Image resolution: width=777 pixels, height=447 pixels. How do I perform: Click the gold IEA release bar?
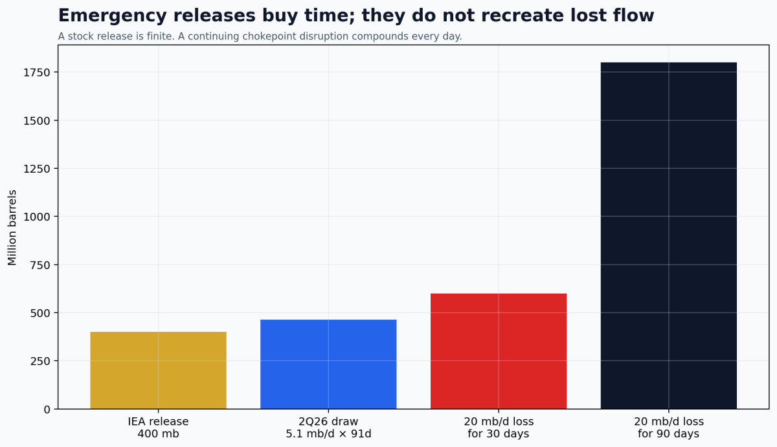click(x=158, y=371)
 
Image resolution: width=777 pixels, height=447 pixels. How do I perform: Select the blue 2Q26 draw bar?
click(x=328, y=364)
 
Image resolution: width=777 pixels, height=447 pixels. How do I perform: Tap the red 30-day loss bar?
click(x=499, y=351)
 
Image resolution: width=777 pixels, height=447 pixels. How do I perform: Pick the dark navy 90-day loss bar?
click(x=669, y=235)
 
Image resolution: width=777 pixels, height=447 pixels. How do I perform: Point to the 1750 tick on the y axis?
click(x=37, y=72)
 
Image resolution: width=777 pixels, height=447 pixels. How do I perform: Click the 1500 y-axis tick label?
click(x=37, y=120)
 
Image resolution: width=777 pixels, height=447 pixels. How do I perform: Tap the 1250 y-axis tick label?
click(x=37, y=169)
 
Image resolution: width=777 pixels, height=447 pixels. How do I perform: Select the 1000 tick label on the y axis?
click(x=37, y=217)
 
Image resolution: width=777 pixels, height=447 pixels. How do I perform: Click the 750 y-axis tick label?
click(x=40, y=265)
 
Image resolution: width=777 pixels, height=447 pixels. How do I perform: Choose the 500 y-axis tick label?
click(x=40, y=313)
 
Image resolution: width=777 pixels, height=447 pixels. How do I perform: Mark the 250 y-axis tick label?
click(x=40, y=361)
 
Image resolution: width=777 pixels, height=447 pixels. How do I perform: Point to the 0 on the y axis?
click(x=47, y=409)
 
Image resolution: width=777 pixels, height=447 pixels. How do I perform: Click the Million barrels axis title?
click(x=12, y=227)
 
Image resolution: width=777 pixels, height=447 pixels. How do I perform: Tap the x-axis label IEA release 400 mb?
click(x=158, y=428)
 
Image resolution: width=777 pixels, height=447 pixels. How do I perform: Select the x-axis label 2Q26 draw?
click(x=328, y=428)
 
